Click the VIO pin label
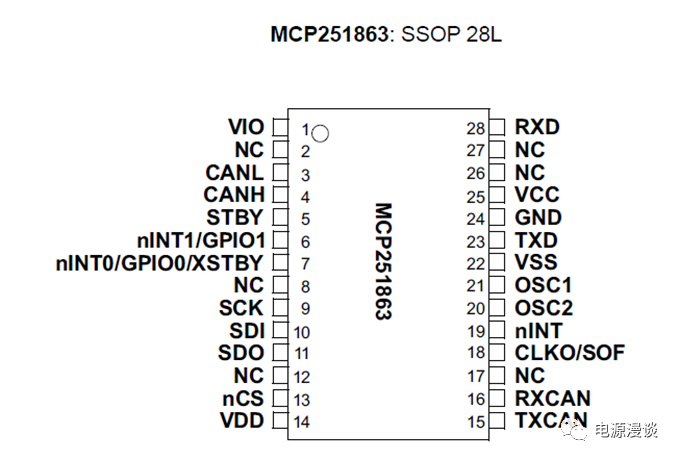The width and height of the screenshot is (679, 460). pyautogui.click(x=246, y=127)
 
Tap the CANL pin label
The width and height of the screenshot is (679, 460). pyautogui.click(x=235, y=173)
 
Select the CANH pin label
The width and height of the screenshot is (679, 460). pyautogui.click(x=234, y=195)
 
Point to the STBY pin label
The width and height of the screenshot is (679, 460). pyautogui.click(x=235, y=218)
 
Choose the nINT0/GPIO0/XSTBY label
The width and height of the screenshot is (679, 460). pyautogui.click(x=159, y=263)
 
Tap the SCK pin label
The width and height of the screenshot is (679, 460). pyautogui.click(x=241, y=308)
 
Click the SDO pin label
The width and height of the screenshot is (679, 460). pyautogui.click(x=241, y=352)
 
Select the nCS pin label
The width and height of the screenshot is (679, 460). pyautogui.click(x=242, y=398)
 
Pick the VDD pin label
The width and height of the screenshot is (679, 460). pyautogui.click(x=242, y=421)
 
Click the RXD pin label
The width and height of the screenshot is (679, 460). pyautogui.click(x=537, y=127)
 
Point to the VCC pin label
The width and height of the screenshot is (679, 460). pyautogui.click(x=537, y=195)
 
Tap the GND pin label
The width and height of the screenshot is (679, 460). pyautogui.click(x=538, y=218)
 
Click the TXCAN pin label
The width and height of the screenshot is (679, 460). pyautogui.click(x=551, y=420)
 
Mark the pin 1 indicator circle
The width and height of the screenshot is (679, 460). pyautogui.click(x=321, y=131)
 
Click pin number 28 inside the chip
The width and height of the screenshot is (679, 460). pyautogui.click(x=475, y=128)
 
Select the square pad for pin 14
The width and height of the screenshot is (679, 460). pyautogui.click(x=279, y=421)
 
